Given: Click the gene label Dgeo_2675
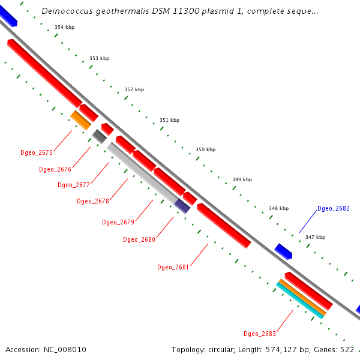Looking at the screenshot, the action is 37,152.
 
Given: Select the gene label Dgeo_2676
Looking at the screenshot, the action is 55,169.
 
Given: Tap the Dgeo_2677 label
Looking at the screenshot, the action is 74,185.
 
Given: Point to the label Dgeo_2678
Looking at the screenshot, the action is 93,201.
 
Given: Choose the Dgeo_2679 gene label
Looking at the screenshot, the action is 118,222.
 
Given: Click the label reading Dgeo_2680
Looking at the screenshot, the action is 139,239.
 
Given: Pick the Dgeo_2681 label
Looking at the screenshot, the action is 173,267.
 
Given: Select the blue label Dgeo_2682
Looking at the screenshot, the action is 333,208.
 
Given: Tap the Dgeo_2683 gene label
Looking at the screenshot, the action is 260,334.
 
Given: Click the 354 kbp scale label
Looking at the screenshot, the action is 64,28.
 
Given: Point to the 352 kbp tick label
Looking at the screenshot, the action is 134,89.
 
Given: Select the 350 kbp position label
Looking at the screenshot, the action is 205,149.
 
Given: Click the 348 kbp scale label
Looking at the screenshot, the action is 278,208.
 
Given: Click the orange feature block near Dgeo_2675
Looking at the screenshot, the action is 80,120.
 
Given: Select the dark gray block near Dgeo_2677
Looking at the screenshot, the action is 100,137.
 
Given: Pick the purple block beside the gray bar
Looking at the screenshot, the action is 182,206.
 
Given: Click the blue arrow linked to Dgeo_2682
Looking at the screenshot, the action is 283,251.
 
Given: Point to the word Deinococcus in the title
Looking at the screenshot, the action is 65,11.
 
